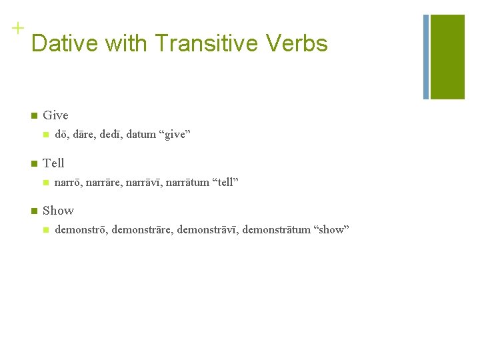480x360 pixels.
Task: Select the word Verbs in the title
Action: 297,43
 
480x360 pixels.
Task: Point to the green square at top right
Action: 447,57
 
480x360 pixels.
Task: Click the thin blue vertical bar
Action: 425,57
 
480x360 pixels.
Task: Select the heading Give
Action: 55,115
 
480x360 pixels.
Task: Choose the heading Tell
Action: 53,163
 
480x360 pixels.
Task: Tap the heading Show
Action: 58,211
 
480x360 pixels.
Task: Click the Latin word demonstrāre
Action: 140,230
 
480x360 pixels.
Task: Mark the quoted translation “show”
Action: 332,230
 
